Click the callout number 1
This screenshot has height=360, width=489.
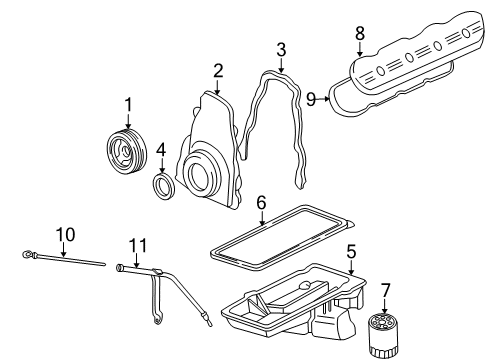tap(128, 103)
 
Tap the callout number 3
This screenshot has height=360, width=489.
tap(282, 49)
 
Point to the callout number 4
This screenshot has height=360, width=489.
tap(161, 152)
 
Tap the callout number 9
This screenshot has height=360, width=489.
tap(311, 98)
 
